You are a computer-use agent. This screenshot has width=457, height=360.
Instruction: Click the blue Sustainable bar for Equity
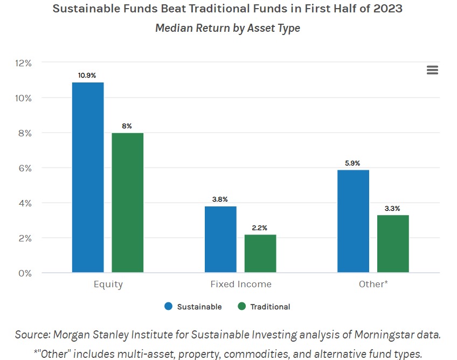coord(88,178)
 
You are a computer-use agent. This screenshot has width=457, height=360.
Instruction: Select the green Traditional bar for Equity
coord(128,203)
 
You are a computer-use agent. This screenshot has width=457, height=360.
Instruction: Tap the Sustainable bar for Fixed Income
coord(220,239)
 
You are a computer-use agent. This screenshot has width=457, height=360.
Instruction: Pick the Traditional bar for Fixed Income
coord(260,254)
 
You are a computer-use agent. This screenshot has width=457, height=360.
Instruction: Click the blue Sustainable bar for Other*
coord(353,221)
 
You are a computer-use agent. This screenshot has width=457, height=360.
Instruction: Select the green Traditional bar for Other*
coord(393,244)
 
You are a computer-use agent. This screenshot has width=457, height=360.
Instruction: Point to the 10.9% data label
coord(87,75)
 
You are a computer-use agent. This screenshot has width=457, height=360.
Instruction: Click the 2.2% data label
coord(259,228)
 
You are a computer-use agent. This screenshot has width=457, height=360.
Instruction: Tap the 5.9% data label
coord(352,163)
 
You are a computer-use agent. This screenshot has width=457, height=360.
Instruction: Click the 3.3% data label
coord(392,208)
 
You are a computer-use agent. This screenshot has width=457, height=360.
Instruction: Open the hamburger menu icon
coord(432,70)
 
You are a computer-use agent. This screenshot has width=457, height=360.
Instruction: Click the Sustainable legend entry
coord(193,307)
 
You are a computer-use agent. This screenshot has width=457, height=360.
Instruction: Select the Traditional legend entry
coord(264,307)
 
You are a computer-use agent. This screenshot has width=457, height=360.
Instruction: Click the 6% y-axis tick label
coord(25,168)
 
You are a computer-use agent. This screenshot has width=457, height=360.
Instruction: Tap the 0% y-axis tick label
coord(25,273)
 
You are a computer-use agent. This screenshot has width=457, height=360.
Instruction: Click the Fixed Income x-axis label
coord(240,284)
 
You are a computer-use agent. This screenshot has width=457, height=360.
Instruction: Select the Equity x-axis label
coord(108,284)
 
